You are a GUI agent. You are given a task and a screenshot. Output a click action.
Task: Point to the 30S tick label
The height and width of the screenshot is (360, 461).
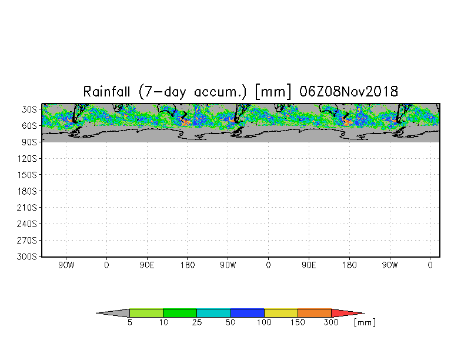[x=29, y=109]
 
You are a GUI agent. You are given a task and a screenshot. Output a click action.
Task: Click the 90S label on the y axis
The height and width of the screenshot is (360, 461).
[x=29, y=142]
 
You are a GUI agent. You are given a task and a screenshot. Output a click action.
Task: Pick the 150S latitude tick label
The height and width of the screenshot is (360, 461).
[x=27, y=175]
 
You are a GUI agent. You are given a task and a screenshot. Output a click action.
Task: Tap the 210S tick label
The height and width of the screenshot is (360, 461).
[x=27, y=208]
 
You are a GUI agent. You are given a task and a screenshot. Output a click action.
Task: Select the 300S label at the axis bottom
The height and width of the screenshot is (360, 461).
[x=27, y=257]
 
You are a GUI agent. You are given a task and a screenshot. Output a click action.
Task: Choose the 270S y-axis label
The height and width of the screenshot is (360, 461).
[x=27, y=241]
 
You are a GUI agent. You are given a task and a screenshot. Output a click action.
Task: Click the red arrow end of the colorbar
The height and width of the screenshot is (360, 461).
[x=347, y=313]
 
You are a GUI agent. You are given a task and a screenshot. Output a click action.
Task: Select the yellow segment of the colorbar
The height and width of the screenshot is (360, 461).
[x=281, y=313]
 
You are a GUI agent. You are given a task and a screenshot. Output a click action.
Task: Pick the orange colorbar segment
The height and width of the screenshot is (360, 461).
[x=315, y=313]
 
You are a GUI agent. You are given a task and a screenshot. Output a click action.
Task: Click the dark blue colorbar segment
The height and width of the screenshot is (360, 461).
[x=248, y=313]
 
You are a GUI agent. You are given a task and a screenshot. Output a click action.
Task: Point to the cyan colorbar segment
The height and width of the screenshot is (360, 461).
[x=213, y=313]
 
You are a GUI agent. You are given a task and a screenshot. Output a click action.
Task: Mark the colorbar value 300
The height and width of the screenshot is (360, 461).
[x=332, y=323]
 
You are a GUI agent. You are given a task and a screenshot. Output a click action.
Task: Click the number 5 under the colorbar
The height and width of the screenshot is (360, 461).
[x=129, y=323]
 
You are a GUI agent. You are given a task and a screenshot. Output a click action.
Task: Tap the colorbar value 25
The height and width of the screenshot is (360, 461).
[x=197, y=323]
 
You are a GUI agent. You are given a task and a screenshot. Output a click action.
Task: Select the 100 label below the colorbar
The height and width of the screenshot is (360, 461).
[x=264, y=323]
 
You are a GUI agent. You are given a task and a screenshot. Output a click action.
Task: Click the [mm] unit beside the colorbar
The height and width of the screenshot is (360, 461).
[x=365, y=323]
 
